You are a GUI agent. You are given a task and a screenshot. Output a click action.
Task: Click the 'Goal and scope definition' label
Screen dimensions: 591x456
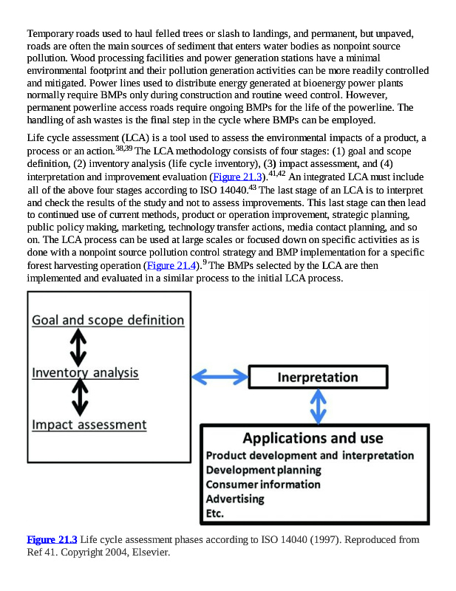tap(108, 320)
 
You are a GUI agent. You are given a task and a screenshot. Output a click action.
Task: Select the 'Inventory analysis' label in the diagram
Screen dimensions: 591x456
tap(85, 372)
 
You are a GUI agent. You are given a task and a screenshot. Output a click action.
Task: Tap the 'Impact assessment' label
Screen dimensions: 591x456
tap(89, 425)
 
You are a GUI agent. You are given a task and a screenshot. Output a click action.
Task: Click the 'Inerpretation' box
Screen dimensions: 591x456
tap(318, 378)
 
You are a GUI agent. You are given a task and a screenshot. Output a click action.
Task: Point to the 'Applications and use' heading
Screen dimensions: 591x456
tap(313, 438)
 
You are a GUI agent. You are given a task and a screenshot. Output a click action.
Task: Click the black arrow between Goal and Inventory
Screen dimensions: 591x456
tap(79, 346)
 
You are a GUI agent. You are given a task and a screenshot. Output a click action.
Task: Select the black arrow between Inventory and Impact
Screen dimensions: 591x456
tap(79, 398)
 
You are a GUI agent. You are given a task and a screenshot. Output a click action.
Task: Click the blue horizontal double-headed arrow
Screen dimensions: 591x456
tap(220, 377)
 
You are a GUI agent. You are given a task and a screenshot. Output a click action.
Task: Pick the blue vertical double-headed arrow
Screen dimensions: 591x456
tap(318, 405)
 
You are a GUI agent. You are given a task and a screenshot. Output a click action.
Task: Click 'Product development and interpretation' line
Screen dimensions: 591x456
tap(310, 455)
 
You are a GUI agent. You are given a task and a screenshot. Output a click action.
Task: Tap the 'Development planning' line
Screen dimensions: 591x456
tap(263, 470)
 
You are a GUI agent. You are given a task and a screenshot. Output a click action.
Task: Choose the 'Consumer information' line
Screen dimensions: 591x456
tap(263, 485)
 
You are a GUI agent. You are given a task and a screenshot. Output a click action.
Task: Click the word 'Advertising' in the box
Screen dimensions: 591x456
tap(234, 499)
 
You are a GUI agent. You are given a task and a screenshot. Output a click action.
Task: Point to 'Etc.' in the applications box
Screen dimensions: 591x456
tap(215, 513)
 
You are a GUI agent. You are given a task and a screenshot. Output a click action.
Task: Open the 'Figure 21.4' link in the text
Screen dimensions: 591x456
tap(172, 265)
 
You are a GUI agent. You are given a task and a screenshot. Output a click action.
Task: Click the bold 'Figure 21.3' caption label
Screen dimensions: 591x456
tap(52, 540)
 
